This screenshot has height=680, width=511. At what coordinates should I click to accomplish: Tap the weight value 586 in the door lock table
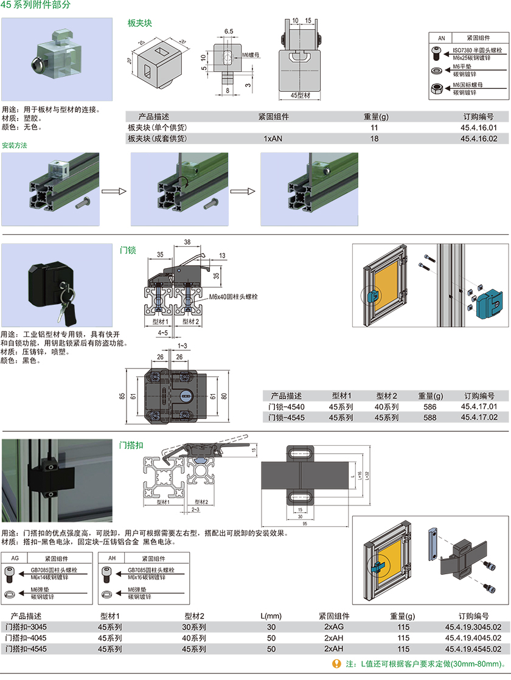click(422, 406)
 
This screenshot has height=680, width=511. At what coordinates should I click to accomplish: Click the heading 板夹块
click(139, 23)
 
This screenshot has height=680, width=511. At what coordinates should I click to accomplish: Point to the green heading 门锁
click(128, 250)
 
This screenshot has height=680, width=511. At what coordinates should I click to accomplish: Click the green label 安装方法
click(15, 145)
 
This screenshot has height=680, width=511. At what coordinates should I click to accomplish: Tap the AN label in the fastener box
click(442, 37)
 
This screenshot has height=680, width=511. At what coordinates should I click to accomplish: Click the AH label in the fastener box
click(111, 558)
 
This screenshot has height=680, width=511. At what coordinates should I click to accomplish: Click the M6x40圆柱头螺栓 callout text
click(234, 297)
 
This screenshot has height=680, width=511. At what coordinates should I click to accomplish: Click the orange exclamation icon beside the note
click(336, 664)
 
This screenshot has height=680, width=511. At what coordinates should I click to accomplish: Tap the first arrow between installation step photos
click(114, 191)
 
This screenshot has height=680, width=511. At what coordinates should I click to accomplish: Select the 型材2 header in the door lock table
click(386, 395)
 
